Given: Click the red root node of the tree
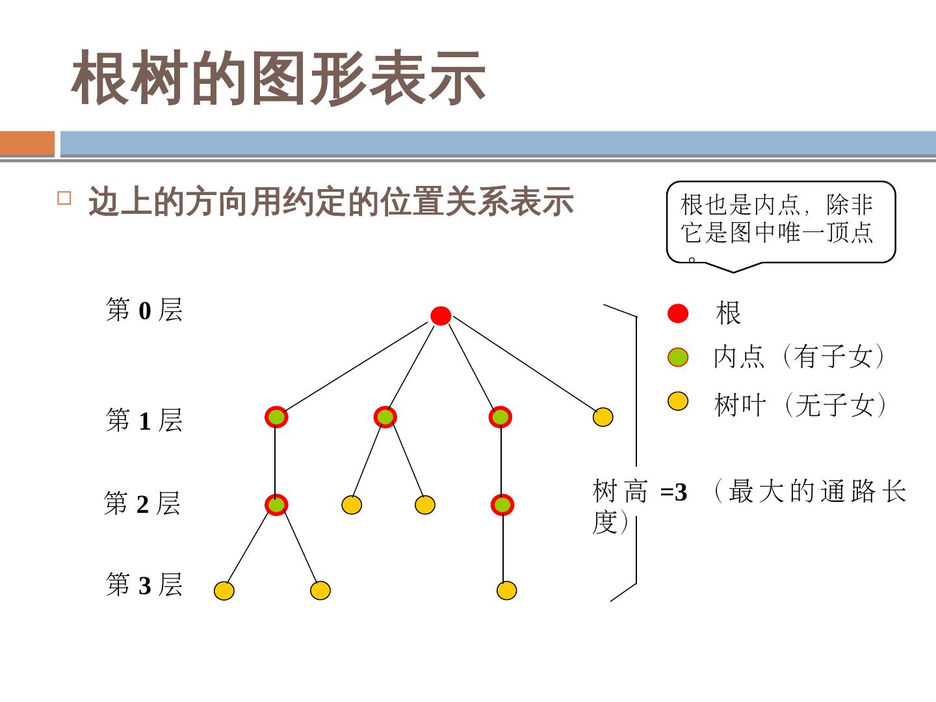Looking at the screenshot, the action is tap(441, 316).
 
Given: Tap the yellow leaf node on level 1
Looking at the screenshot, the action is tap(603, 417).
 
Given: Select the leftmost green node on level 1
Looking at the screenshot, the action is tap(276, 417).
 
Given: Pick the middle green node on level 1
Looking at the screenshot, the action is tap(385, 417).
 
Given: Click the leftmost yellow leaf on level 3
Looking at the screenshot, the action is tap(224, 590).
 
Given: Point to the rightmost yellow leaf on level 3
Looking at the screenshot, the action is tap(506, 590).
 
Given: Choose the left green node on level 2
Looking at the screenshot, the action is tap(276, 504).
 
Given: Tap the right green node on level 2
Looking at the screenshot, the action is tap(502, 504).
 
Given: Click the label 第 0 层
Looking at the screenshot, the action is tap(144, 310).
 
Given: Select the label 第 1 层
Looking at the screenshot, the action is tap(144, 421).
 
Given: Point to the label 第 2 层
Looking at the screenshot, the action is tap(142, 504).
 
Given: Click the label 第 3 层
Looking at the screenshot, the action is tap(144, 585).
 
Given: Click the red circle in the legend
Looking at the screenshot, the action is tap(678, 313).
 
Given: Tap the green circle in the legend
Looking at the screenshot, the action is tap(678, 357).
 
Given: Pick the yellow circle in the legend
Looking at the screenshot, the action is tap(678, 401).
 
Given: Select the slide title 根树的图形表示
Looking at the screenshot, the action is tap(279, 79).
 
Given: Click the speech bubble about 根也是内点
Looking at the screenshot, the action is tap(781, 222).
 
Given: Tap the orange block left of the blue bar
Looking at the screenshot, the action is tap(27, 144).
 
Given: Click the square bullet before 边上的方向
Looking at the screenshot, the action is tap(64, 198).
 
